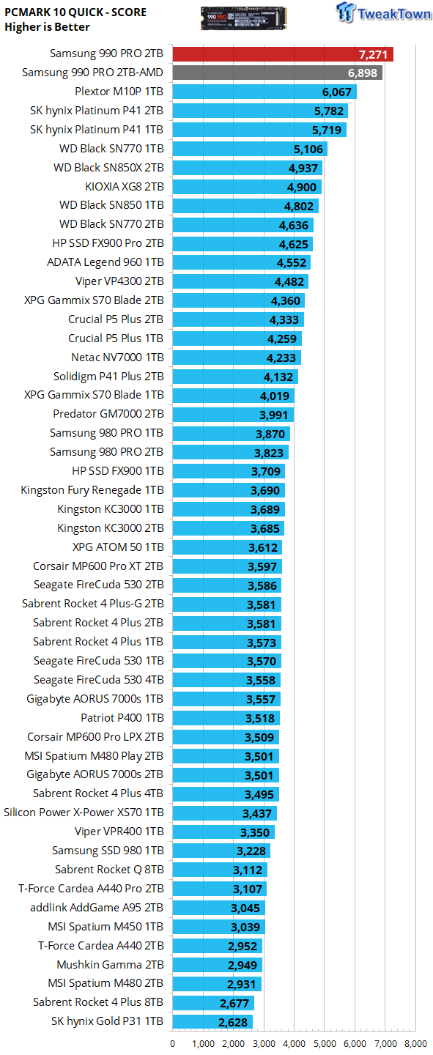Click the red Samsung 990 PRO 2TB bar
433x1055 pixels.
tap(283, 54)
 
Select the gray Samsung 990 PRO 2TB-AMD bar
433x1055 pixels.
tap(277, 73)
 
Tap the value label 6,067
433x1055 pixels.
tap(337, 92)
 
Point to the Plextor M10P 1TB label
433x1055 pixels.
tap(119, 92)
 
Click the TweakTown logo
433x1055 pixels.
tap(383, 12)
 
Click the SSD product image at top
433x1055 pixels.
tap(243, 18)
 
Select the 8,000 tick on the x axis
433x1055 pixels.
tap(415, 1044)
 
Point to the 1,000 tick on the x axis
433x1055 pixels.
tap(203, 1044)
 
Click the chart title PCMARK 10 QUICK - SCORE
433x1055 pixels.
tap(75, 12)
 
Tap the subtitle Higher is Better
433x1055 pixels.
tap(47, 27)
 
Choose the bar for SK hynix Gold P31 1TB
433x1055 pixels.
tap(212, 1022)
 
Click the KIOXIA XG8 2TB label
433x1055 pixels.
tap(125, 187)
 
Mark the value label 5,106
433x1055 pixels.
tap(308, 149)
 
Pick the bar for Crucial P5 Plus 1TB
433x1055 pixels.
tap(237, 338)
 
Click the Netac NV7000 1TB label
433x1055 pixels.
tap(117, 358)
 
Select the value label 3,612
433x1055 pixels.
tap(263, 548)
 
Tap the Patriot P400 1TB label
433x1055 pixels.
tap(122, 718)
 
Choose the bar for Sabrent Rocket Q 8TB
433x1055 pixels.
tap(220, 870)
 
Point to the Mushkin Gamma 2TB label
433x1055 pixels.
tap(110, 965)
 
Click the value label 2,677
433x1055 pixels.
tap(234, 1004)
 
